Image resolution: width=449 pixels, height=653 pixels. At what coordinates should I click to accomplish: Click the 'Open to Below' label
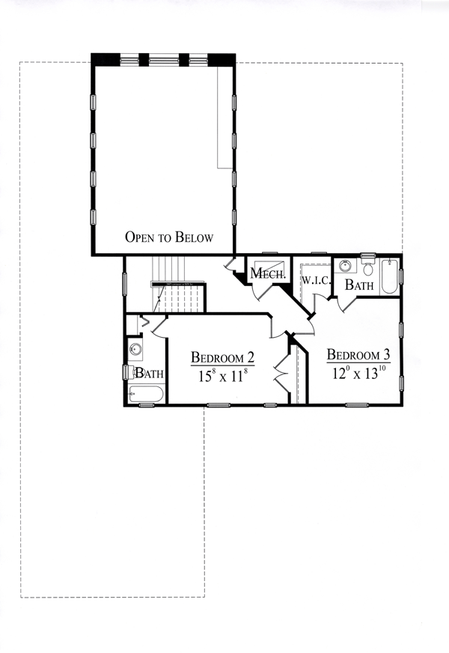[169, 237]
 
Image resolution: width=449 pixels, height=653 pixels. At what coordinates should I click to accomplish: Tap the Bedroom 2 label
[222, 357]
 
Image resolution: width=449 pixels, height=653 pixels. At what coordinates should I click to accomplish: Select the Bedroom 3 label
[358, 354]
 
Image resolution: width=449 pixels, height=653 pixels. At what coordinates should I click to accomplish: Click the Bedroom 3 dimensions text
[355, 373]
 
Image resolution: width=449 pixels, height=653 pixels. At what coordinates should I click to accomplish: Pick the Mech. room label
[268, 273]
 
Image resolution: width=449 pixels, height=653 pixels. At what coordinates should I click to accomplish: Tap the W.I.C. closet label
[316, 280]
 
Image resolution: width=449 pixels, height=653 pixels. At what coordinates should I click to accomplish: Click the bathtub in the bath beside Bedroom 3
[390, 276]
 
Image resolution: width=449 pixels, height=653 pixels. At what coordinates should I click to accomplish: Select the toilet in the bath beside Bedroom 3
[368, 265]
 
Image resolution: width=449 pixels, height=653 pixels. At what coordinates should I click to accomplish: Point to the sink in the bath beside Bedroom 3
[345, 265]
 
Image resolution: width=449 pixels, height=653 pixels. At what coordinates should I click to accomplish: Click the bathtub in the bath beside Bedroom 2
[146, 394]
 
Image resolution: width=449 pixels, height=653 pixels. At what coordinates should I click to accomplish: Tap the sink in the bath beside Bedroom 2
[135, 349]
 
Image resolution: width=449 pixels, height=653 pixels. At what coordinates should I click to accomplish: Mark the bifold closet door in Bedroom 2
[281, 373]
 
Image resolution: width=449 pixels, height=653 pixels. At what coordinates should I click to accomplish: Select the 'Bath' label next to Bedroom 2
[150, 373]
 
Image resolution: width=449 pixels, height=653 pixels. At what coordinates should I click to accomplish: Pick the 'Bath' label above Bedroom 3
[359, 285]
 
